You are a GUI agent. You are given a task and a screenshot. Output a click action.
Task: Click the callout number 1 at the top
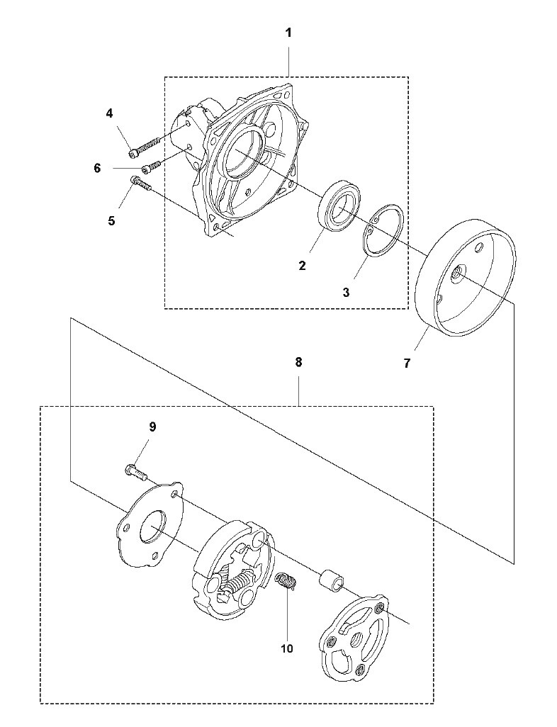coord(288,33)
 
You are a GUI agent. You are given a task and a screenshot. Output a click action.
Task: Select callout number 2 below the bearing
coord(303,266)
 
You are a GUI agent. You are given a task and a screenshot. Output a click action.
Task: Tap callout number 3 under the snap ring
coord(347,293)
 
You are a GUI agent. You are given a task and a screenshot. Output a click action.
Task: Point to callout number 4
coord(110,113)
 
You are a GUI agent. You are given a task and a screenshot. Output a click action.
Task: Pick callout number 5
coord(111,220)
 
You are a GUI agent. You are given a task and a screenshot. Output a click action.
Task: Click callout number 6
coord(97,169)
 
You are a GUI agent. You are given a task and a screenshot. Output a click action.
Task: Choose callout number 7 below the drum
coord(407,363)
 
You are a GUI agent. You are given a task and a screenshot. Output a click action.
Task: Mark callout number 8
coord(298,361)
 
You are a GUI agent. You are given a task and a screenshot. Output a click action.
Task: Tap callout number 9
coord(152,427)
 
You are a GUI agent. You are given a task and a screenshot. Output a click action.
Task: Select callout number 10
coord(287,648)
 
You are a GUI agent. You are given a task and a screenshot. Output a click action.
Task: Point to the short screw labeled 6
coord(152,166)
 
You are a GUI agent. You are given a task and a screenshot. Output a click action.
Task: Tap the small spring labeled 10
coord(284,582)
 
